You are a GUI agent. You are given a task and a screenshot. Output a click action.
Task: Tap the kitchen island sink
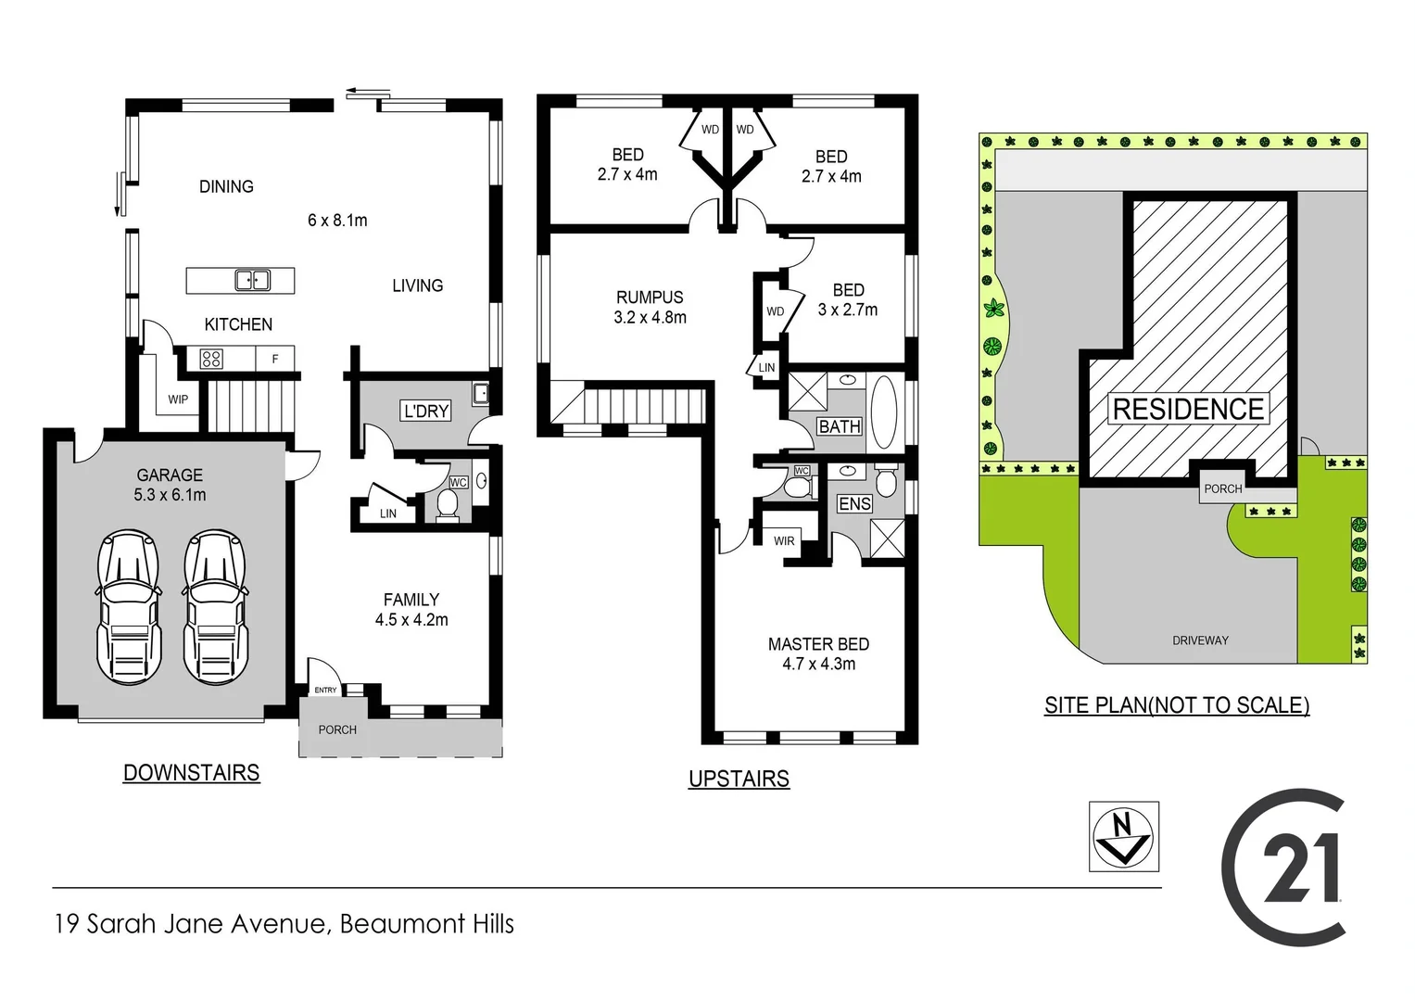click(x=252, y=280)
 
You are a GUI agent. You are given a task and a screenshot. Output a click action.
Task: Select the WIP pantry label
click(x=178, y=399)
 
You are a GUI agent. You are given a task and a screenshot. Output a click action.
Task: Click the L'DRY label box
click(x=426, y=411)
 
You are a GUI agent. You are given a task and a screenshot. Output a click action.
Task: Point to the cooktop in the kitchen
click(x=211, y=359)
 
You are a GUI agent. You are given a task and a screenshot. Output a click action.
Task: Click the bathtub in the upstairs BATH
click(x=884, y=412)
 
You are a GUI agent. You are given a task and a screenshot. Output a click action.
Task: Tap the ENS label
click(x=854, y=503)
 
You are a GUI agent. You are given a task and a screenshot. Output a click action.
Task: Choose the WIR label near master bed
click(x=784, y=540)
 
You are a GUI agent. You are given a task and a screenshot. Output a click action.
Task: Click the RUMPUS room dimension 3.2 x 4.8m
click(x=650, y=317)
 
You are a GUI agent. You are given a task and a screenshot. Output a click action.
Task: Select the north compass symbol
click(x=1123, y=836)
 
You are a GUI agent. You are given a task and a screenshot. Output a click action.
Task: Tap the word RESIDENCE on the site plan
click(x=1188, y=409)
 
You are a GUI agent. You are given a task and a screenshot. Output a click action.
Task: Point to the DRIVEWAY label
click(x=1200, y=640)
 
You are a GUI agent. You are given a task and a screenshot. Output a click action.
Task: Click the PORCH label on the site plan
click(x=1222, y=488)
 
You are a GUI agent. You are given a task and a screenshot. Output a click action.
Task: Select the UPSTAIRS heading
click(x=739, y=779)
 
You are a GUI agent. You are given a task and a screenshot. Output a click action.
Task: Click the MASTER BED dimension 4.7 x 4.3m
click(x=818, y=664)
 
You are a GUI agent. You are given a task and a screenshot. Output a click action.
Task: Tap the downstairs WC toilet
click(x=448, y=505)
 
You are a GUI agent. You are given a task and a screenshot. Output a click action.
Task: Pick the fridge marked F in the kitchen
click(x=275, y=359)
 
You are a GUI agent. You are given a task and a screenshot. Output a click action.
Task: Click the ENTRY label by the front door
click(x=325, y=690)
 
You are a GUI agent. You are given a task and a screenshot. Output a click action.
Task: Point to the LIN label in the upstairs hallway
click(x=766, y=368)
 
